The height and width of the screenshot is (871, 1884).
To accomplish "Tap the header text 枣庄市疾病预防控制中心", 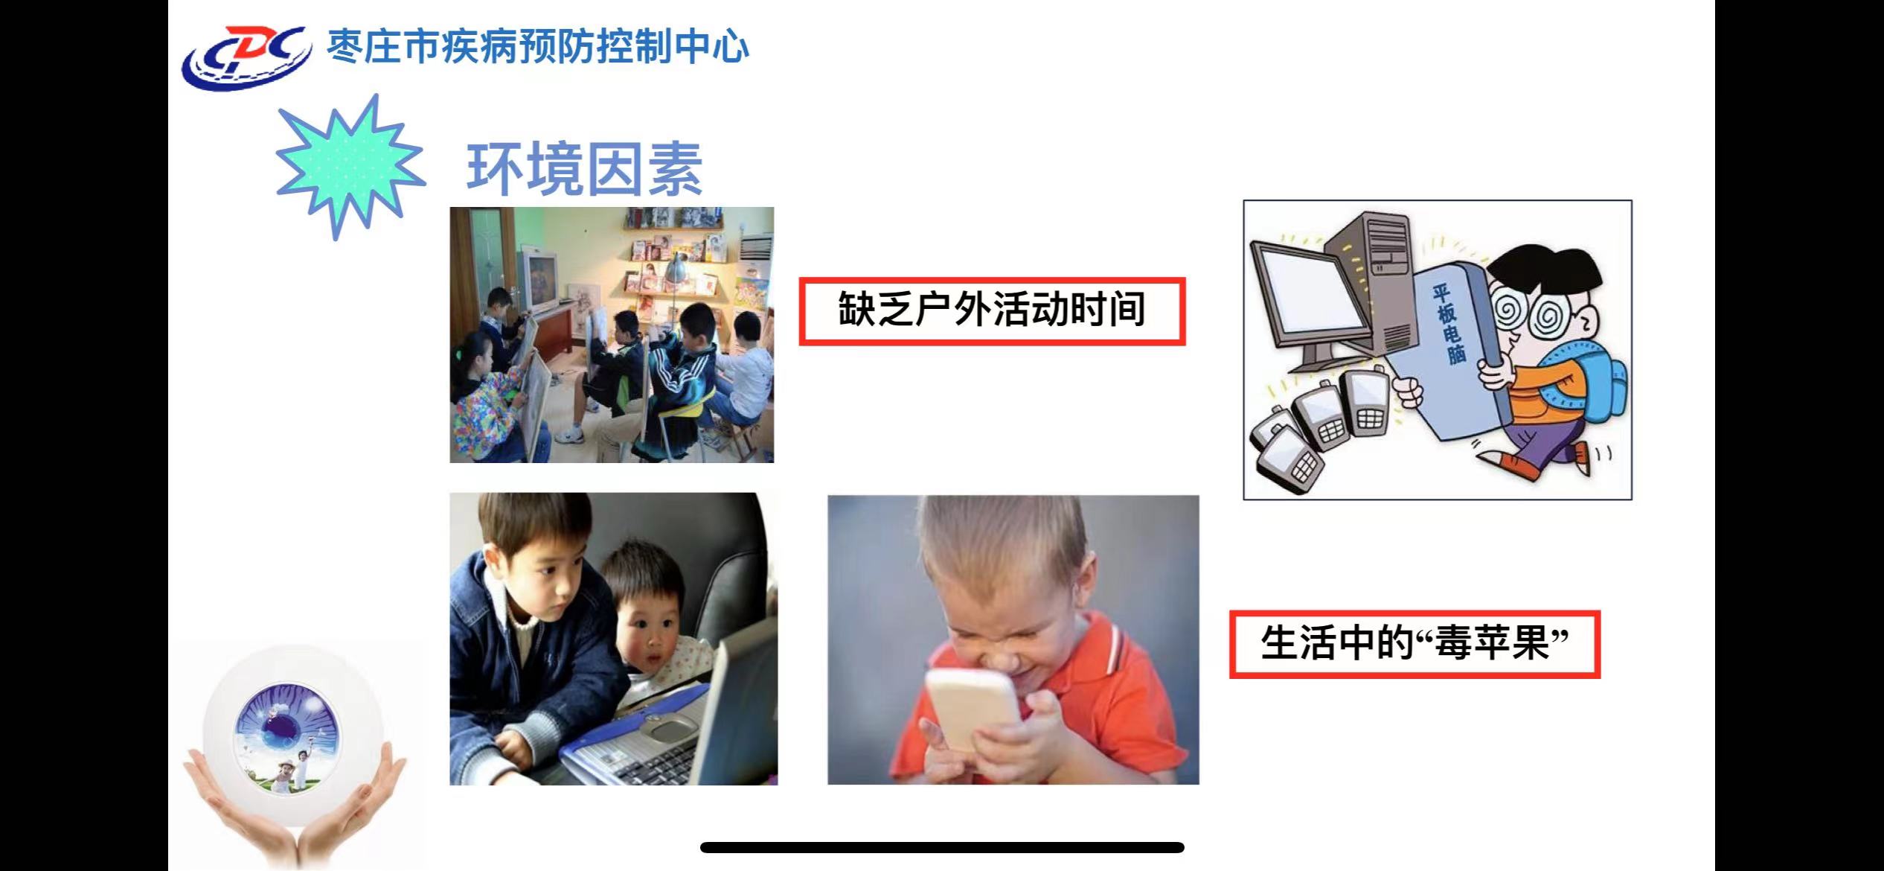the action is tap(538, 46).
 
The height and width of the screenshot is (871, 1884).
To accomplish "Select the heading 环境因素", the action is tap(585, 169).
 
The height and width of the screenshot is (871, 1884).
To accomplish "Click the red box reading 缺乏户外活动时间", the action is tap(992, 311).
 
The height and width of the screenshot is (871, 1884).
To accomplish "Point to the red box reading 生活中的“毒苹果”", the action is tap(1414, 644).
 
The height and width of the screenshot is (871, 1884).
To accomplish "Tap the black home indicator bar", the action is tap(942, 847).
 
